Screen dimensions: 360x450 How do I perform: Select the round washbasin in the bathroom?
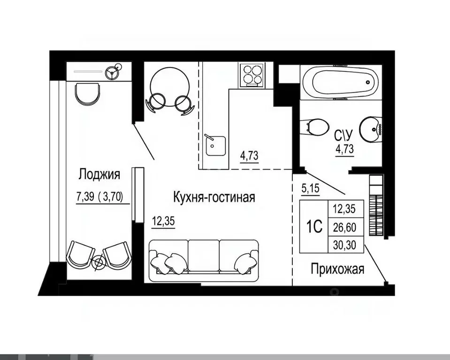(371, 129)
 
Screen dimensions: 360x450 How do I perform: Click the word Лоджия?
(99, 175)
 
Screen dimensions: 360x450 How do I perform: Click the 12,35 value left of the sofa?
(163, 221)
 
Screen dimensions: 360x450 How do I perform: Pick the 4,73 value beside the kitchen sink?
(250, 155)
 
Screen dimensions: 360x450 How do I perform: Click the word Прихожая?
(337, 270)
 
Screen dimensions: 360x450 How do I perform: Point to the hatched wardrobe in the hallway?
(376, 206)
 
